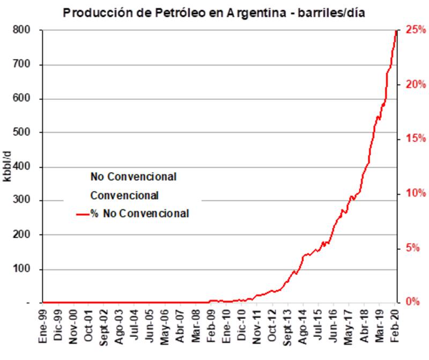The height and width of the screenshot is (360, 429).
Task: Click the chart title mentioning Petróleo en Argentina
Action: [214, 12]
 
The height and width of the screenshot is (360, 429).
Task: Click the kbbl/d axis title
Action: [8, 167]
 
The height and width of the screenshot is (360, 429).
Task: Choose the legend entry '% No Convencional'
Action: [139, 214]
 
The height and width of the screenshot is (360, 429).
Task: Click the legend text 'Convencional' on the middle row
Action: [124, 194]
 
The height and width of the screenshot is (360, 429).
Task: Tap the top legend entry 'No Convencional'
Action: [134, 176]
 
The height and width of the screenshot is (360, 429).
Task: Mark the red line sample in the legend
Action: [82, 214]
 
